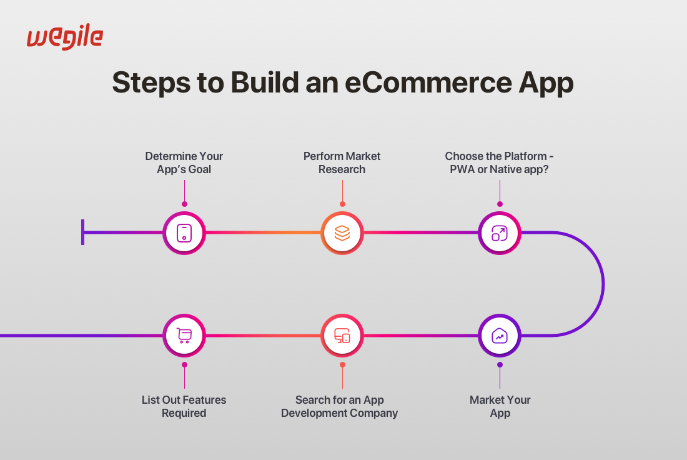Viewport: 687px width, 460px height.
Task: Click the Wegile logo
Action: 64,37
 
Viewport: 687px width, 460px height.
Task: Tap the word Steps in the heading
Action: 149,82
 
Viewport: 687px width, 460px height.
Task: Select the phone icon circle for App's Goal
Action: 184,233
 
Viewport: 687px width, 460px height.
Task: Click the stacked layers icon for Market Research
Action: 342,233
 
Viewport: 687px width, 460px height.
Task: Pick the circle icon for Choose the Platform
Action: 500,233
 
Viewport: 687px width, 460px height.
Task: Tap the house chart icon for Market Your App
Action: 500,336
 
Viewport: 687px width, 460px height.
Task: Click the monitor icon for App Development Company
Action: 342,336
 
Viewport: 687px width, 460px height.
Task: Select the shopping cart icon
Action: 184,336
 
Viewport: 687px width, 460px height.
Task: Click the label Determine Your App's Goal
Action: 184,162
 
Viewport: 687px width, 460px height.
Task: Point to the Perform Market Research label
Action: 342,162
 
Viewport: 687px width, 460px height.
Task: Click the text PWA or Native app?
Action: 499,169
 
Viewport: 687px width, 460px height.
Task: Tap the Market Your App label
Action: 500,406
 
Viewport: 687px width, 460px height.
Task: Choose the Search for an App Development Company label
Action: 339,406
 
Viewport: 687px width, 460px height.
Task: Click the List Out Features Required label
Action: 184,406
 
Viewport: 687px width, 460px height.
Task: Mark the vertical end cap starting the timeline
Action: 82,232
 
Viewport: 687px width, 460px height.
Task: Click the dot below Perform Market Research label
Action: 342,204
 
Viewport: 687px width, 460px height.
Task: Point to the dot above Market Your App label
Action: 500,364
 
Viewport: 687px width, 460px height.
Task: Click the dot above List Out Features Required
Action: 184,364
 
